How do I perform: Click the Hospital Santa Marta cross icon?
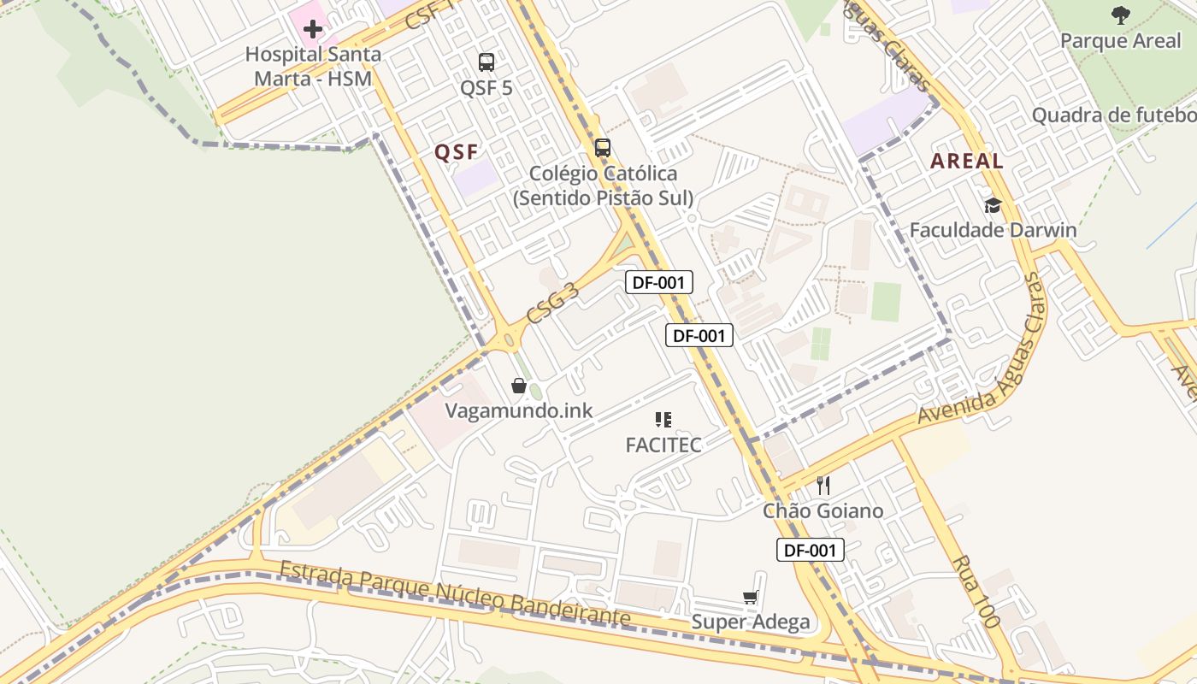tap(313, 29)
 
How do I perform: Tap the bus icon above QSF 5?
tap(486, 62)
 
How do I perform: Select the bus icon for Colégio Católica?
tap(603, 147)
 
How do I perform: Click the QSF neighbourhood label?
tap(455, 152)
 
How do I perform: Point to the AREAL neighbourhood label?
tap(966, 161)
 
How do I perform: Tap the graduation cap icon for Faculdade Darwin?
tap(993, 204)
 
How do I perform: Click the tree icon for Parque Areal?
tap(1120, 15)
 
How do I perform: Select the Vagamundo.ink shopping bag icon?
tap(518, 386)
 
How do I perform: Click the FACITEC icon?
tap(663, 419)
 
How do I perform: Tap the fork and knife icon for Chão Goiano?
tap(823, 486)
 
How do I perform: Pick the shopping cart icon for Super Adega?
tap(751, 597)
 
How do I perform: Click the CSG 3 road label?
tap(553, 304)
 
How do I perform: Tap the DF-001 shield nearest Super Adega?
tap(810, 550)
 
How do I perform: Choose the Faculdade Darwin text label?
tap(993, 230)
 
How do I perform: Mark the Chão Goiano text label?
tap(823, 510)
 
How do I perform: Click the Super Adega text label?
tap(751, 622)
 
